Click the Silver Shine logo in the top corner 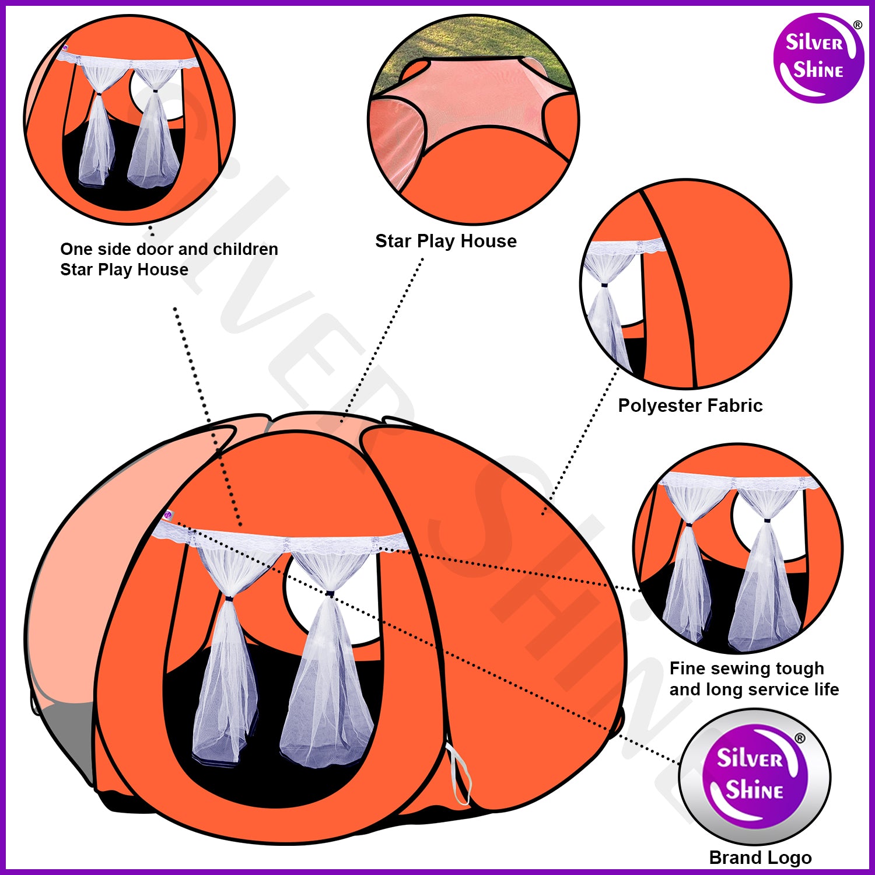pyautogui.click(x=818, y=58)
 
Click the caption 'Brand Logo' pyautogui.click(x=760, y=857)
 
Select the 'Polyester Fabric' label pyautogui.click(x=690, y=405)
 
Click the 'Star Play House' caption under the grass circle pyautogui.click(x=446, y=241)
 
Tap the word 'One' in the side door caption pyautogui.click(x=76, y=249)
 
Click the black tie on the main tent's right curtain pyautogui.click(x=330, y=594)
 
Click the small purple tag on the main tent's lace pyautogui.click(x=168, y=515)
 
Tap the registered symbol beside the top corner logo pyautogui.click(x=857, y=25)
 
